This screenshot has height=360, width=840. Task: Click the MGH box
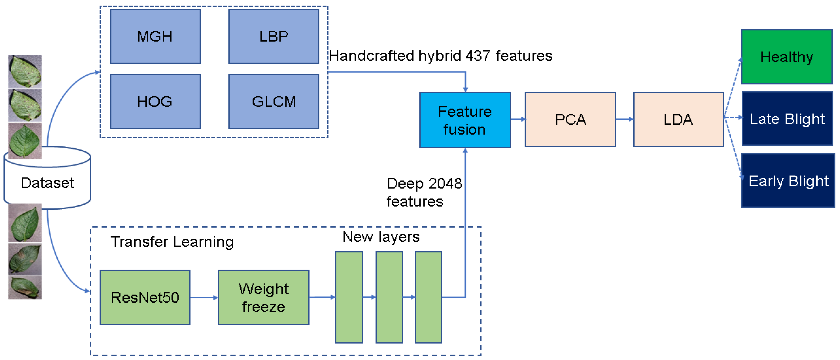click(155, 36)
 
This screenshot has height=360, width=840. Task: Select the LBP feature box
click(274, 36)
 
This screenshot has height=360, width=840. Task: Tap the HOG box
click(155, 102)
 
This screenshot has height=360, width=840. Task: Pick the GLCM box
click(274, 102)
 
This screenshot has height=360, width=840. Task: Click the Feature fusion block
click(465, 120)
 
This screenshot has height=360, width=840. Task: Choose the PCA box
click(570, 119)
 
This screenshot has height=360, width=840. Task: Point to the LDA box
click(678, 119)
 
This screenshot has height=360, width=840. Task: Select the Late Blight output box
click(787, 119)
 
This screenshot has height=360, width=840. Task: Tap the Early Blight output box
click(788, 181)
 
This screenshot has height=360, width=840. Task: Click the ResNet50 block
click(145, 297)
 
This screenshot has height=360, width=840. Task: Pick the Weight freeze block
click(264, 297)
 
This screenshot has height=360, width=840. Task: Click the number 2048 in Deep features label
click(445, 183)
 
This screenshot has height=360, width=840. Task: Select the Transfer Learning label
click(172, 242)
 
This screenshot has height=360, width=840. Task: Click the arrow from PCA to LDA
click(624, 119)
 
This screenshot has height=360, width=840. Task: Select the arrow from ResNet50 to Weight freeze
click(204, 297)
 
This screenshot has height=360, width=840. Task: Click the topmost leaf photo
click(25, 72)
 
